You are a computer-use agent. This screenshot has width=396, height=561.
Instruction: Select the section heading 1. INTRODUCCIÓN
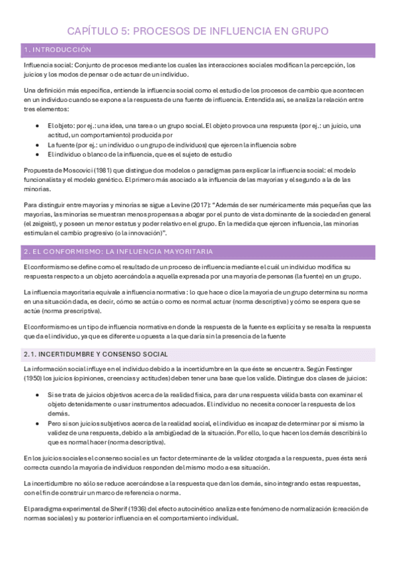(x=57, y=50)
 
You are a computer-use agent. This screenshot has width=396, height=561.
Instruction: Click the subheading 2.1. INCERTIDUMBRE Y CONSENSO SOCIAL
(x=95, y=354)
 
